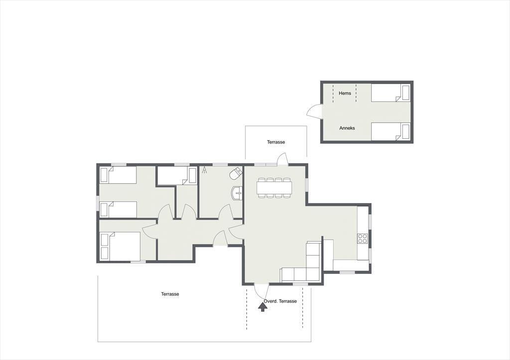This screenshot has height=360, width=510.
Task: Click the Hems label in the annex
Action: tap(345, 93)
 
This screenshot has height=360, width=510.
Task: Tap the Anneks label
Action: tap(347, 128)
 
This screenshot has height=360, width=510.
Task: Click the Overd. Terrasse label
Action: tap(280, 301)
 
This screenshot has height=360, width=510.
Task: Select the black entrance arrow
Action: tap(262, 307)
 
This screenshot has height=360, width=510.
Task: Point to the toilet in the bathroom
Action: tap(236, 174)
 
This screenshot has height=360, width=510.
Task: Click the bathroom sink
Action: tap(237, 193)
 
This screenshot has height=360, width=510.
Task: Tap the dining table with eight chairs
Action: tap(274, 188)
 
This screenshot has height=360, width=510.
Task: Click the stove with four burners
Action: tap(363, 239)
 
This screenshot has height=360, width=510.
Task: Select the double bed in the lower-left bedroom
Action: tap(121, 246)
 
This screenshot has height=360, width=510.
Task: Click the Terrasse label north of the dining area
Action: tap(276, 142)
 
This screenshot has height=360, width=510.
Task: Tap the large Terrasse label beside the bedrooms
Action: tap(170, 294)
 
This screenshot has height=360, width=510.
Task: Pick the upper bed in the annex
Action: tap(390, 93)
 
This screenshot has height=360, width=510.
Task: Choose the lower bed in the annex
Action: tap(390, 132)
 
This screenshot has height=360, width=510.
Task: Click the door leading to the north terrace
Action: tap(282, 159)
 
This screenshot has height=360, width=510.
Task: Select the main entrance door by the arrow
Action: tap(261, 291)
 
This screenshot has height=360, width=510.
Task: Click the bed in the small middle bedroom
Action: tap(177, 176)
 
